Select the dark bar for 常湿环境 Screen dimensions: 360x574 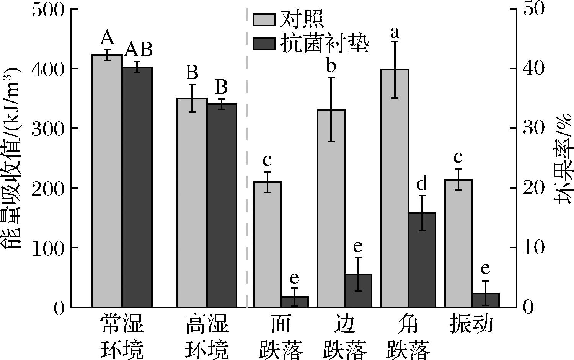137,187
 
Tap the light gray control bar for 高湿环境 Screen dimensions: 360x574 192,202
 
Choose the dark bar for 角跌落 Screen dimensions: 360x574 422,260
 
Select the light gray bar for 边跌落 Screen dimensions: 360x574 331,209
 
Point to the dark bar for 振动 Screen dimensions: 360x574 486,300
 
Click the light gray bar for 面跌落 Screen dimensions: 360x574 267,244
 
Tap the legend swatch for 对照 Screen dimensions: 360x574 264,20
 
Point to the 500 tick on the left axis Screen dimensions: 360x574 48,9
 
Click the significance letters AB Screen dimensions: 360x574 139,50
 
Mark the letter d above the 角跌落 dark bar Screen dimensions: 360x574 422,184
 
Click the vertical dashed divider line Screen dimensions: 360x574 246,153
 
